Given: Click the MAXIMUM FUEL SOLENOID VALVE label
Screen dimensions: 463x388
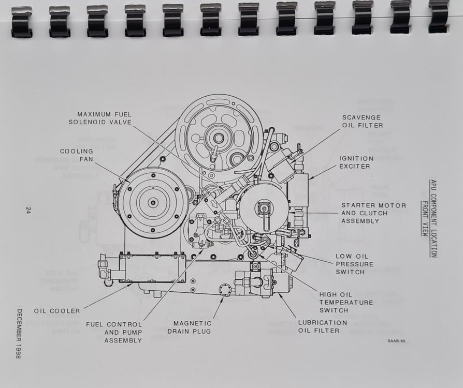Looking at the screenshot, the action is [100, 118].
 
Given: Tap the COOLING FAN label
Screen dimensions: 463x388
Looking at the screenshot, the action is [77, 155].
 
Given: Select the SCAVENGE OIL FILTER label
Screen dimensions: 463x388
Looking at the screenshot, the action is [363, 121].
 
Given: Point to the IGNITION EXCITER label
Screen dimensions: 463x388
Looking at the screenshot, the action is [356, 162].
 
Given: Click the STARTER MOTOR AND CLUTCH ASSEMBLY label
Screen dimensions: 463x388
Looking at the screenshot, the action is [373, 213].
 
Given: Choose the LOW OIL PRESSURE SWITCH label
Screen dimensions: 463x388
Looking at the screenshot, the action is [354, 264].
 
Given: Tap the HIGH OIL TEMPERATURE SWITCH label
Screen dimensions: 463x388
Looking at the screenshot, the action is [346, 303].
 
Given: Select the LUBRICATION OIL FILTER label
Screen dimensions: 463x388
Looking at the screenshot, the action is [323, 326].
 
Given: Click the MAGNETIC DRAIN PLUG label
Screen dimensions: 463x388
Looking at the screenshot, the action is [189, 327].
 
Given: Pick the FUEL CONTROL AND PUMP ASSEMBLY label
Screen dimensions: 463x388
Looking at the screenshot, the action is [114, 333].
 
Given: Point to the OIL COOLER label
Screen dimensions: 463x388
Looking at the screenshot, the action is [57, 311].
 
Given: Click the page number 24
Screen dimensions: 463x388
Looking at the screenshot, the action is [28, 211].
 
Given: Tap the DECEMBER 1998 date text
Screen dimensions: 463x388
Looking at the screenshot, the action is [19, 334].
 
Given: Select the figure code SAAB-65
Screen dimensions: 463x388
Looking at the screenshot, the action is [396, 341].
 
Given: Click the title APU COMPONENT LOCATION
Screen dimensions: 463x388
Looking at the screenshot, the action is [433, 218].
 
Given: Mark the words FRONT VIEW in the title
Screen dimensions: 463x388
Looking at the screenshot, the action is [425, 219].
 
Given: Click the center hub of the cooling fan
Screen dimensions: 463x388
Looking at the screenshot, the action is [153, 203].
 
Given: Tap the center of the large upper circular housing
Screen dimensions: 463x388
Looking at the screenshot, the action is [219, 138].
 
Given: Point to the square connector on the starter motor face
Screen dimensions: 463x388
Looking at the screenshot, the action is [262, 208].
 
